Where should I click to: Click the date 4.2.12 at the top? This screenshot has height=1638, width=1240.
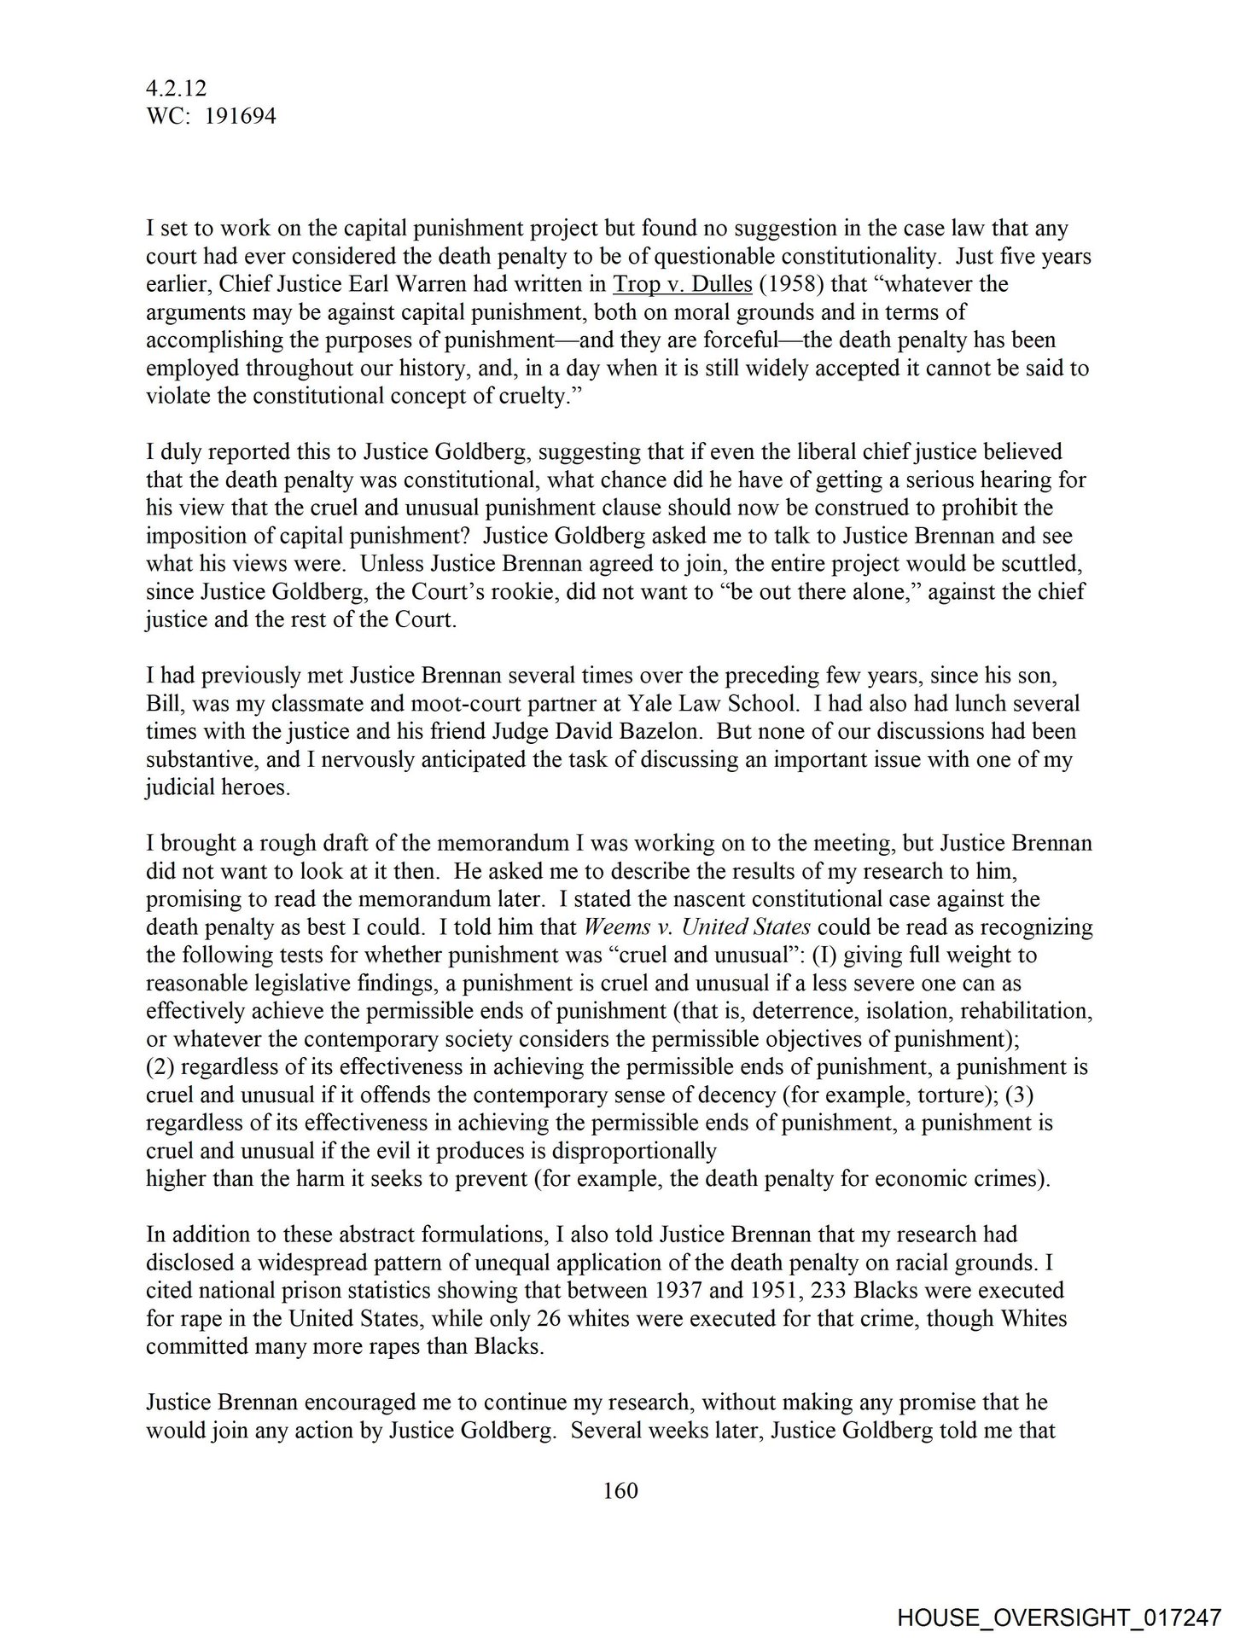pos(176,89)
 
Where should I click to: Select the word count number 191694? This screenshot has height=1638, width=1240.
pos(238,117)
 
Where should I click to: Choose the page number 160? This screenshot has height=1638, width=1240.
pos(620,1491)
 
